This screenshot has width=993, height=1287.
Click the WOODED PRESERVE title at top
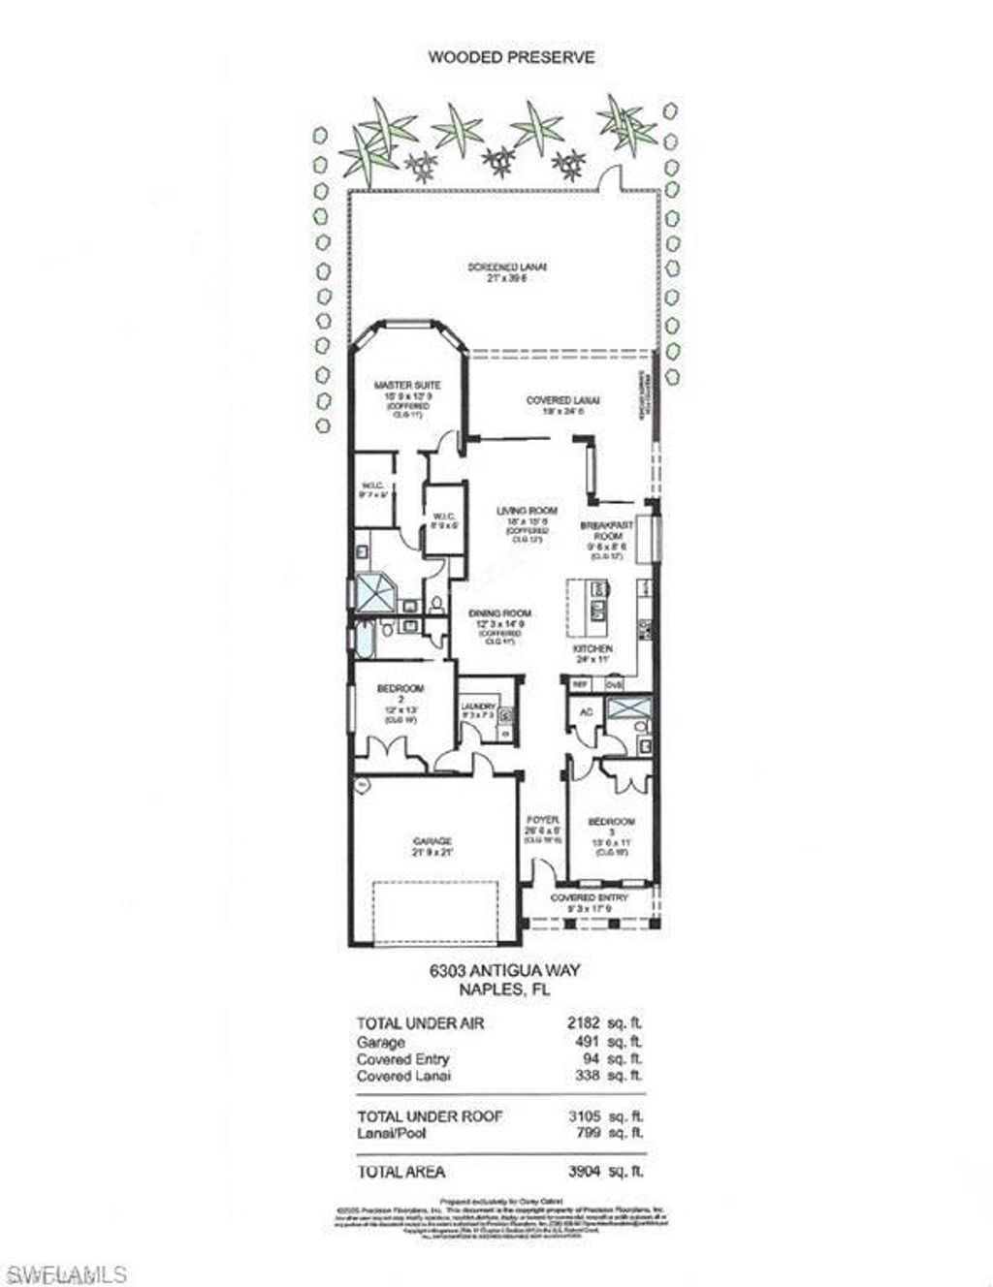(x=511, y=57)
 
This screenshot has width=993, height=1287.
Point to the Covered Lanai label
(x=562, y=400)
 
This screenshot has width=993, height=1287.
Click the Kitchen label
(x=592, y=647)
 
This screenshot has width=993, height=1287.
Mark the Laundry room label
(x=478, y=706)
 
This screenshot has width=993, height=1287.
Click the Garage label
(x=431, y=841)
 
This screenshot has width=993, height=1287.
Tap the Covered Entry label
(x=589, y=897)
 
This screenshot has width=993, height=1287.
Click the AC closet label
(x=585, y=711)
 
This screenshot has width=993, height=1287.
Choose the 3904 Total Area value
(x=582, y=1171)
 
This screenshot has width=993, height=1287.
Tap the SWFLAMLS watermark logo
(x=64, y=1271)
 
